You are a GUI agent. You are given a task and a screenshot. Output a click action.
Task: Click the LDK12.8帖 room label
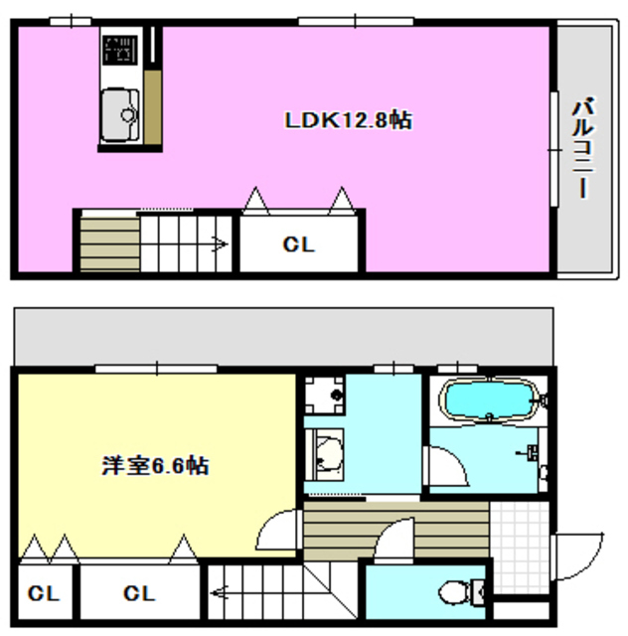point(348,121)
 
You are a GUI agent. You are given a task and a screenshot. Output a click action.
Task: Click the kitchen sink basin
point(120,114)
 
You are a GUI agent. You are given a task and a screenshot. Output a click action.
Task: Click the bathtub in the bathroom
point(490,401)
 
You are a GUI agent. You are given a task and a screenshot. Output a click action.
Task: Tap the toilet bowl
point(456,591)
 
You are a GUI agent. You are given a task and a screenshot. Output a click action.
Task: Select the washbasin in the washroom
point(324,455)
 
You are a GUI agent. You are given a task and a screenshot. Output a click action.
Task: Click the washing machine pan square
point(322,398)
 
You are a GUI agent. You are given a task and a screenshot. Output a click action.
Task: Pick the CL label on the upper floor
point(298,244)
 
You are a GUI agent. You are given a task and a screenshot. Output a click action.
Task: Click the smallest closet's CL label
point(43,594)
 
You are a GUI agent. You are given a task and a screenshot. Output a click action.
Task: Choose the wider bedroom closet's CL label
point(139,594)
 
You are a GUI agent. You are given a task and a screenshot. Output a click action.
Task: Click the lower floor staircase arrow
point(218,596)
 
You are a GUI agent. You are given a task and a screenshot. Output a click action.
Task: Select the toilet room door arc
point(397,542)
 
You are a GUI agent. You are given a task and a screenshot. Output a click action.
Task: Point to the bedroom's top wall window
point(156,369)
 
